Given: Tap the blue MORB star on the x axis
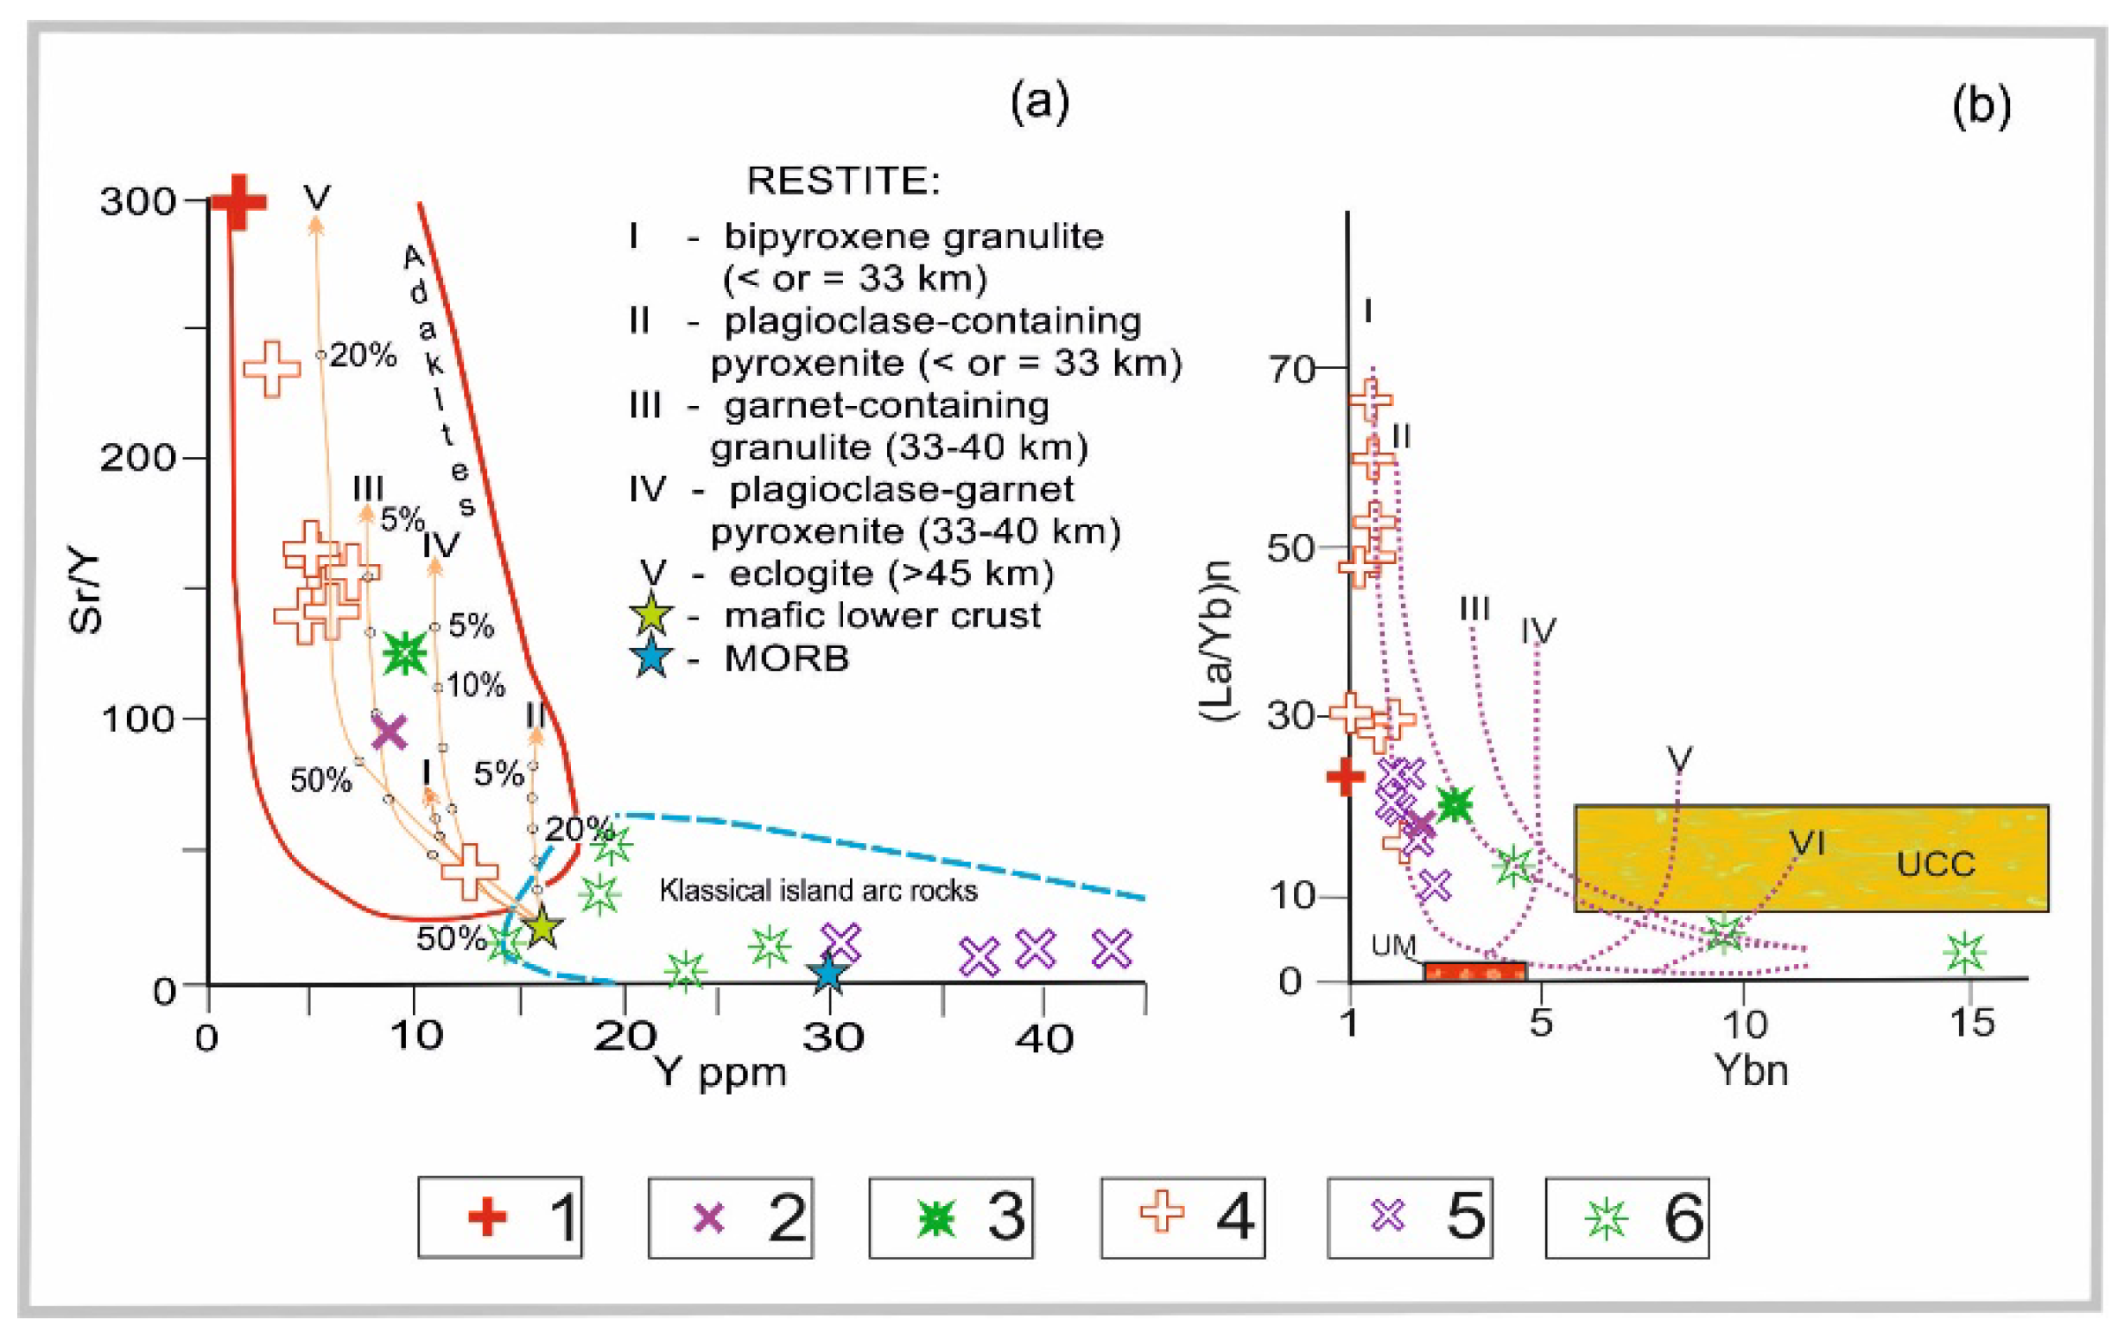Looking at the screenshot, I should click(x=827, y=974).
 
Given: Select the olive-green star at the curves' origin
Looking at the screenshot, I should click(x=542, y=926).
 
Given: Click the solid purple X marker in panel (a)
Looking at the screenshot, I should click(x=389, y=732).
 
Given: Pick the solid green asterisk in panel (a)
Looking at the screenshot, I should click(x=405, y=653).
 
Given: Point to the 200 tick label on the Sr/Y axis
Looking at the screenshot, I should click(x=137, y=458).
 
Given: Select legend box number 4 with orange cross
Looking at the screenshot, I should click(x=1182, y=1217).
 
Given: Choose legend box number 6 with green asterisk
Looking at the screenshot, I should click(x=1627, y=1217).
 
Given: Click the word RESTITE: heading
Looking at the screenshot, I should click(x=843, y=181).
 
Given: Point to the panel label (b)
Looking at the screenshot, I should click(x=1981, y=107).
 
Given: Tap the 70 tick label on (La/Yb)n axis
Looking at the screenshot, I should click(x=1291, y=369).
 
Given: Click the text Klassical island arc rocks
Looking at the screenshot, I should click(x=819, y=891).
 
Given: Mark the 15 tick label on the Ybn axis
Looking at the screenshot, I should click(x=1971, y=1023).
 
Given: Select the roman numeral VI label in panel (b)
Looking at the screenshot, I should click(x=1806, y=843).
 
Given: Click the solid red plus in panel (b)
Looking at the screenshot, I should click(x=1345, y=777).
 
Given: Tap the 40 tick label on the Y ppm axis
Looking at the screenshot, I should click(x=1043, y=1038).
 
